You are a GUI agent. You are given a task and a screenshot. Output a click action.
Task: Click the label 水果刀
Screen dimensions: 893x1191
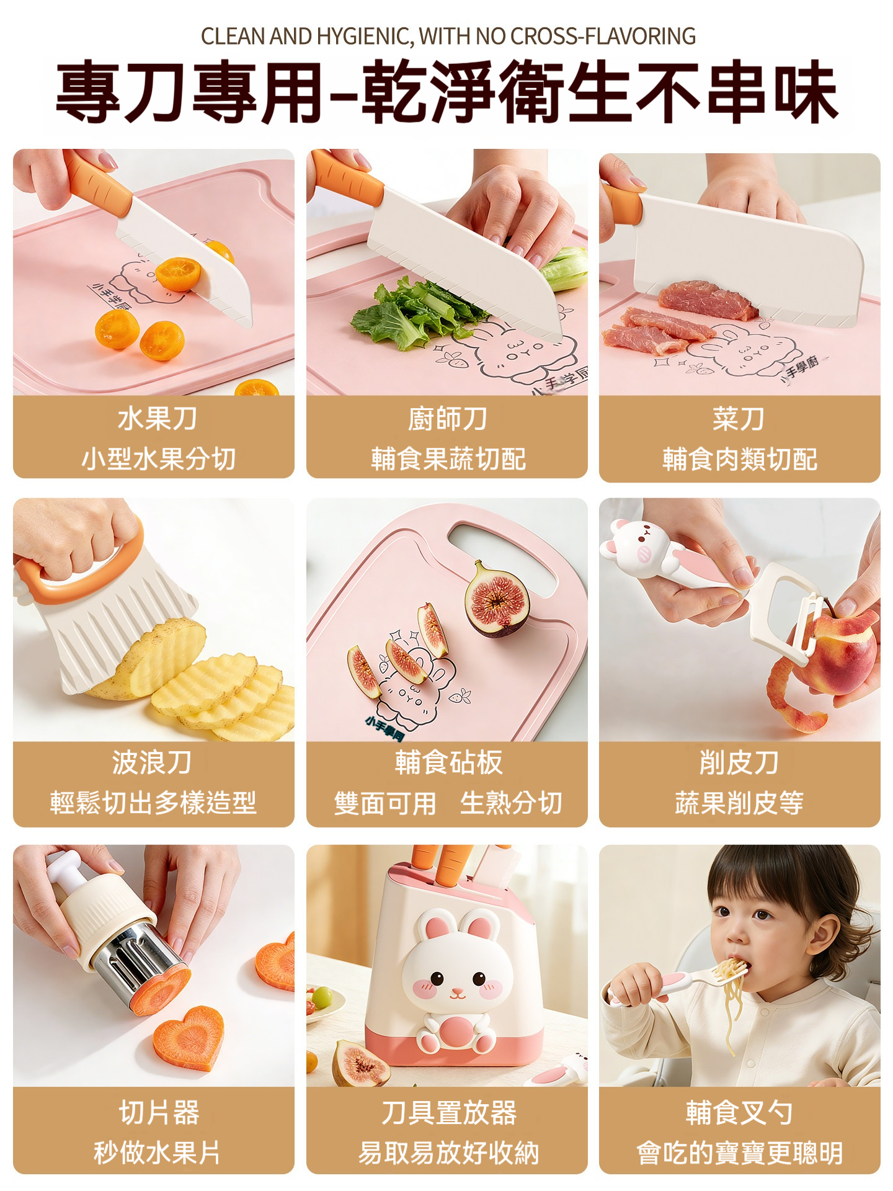(x=158, y=419)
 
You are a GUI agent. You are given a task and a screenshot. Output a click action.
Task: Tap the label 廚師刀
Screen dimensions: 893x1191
(x=447, y=419)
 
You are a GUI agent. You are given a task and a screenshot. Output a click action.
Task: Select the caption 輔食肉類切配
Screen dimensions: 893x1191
(x=740, y=459)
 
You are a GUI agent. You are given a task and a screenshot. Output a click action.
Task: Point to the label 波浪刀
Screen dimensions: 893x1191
(x=152, y=762)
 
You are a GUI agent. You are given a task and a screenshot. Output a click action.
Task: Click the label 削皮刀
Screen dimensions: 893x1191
(x=739, y=762)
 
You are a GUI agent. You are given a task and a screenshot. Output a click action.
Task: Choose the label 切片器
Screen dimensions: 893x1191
(x=159, y=1112)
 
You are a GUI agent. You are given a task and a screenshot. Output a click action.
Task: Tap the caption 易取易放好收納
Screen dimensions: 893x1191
(x=448, y=1153)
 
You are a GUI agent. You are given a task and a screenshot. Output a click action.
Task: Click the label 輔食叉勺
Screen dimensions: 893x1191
(x=739, y=1112)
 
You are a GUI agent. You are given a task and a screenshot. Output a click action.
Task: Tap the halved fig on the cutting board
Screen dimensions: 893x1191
(x=497, y=599)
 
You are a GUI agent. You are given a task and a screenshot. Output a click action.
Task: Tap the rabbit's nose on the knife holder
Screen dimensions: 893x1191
(x=457, y=993)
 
